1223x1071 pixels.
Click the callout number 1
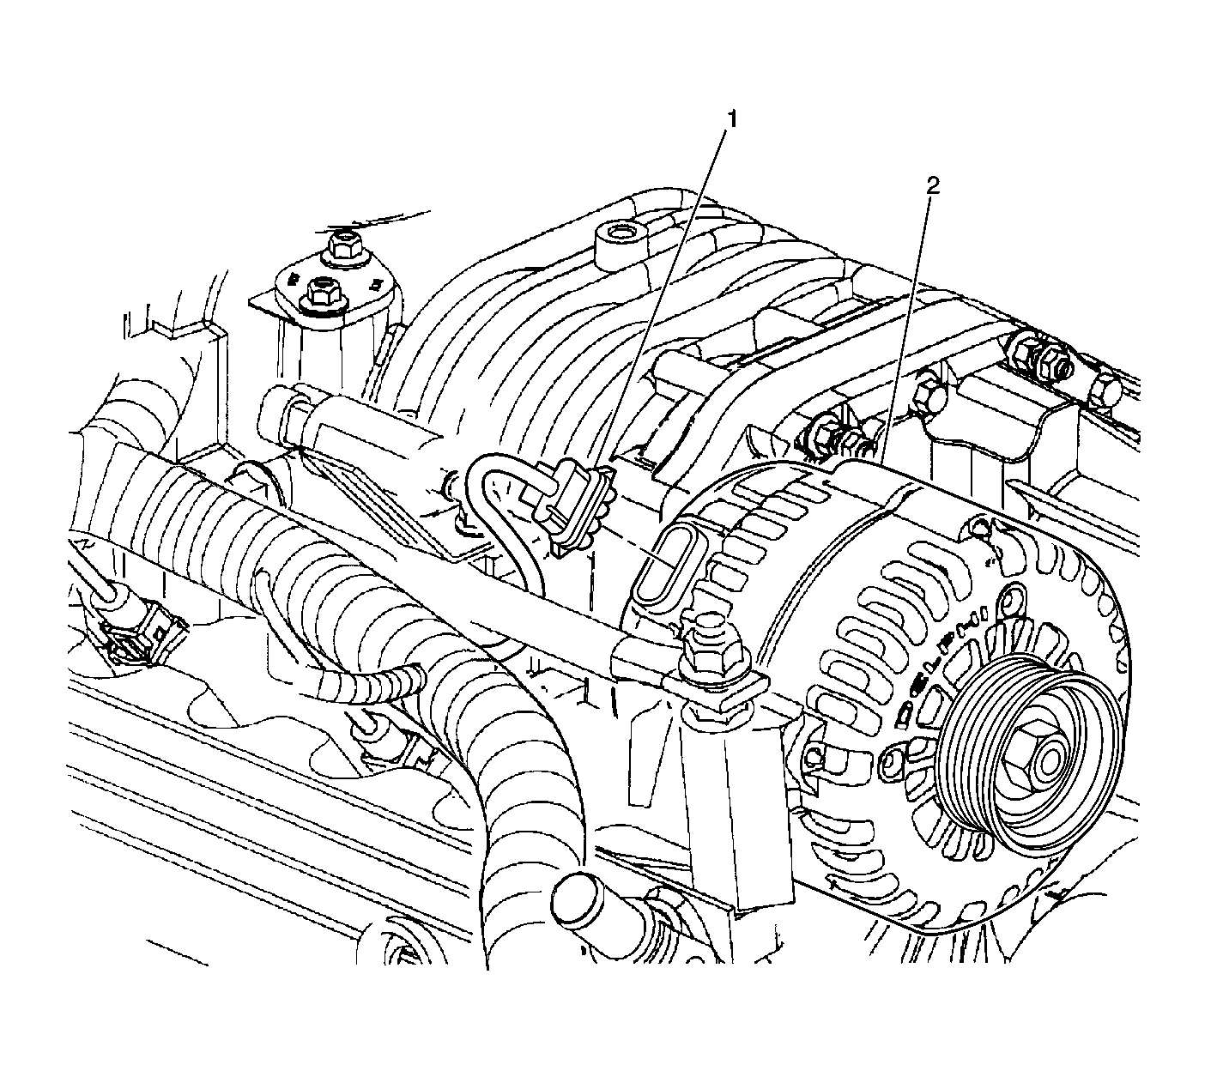[x=731, y=119]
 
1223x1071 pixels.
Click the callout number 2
[x=933, y=186]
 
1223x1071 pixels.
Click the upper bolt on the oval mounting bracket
[x=343, y=246]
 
